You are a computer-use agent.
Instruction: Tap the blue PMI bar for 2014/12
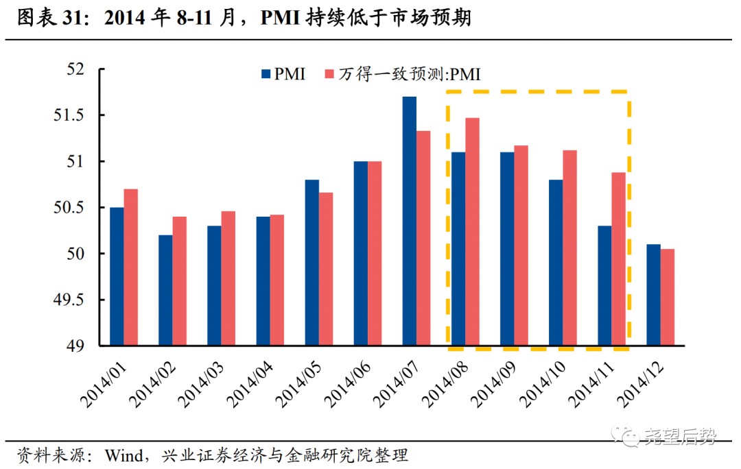tap(653, 295)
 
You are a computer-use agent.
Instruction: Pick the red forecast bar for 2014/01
tap(130, 267)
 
